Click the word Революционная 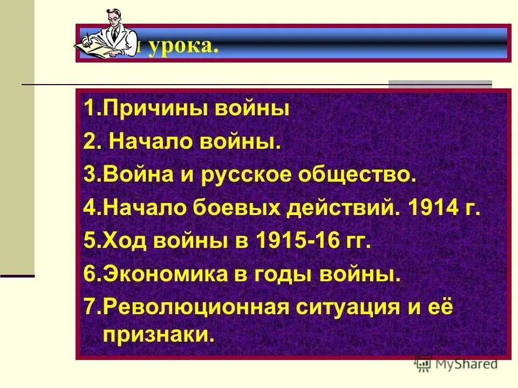(x=192, y=308)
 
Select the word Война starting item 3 (x=134, y=176)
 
